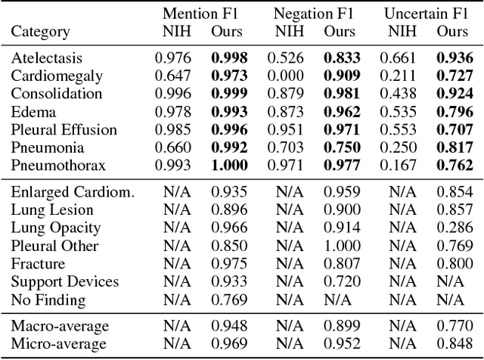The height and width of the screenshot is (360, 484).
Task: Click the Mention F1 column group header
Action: (x=200, y=14)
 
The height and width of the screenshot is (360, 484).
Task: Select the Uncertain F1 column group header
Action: (x=427, y=14)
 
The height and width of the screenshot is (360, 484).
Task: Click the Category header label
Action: (x=40, y=32)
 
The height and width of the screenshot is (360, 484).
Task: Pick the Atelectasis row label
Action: (x=45, y=57)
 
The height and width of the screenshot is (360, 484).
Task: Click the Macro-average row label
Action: (x=59, y=326)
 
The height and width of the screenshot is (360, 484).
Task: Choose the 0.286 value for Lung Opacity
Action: (x=453, y=227)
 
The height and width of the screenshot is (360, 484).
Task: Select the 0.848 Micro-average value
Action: (x=453, y=344)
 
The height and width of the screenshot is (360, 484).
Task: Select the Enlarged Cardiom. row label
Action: (x=73, y=191)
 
